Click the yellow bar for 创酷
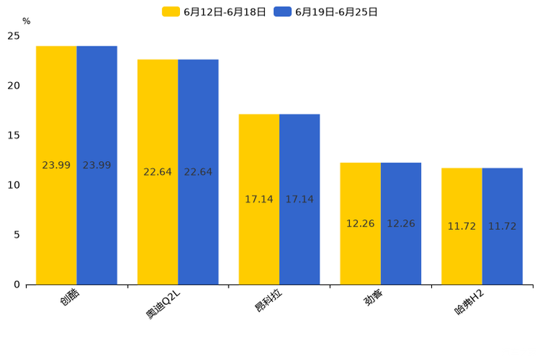(x=57, y=165)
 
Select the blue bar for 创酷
(x=97, y=165)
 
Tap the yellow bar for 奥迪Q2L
(x=157, y=172)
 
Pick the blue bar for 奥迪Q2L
(x=198, y=172)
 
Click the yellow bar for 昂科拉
(x=259, y=199)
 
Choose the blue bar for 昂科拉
(x=300, y=199)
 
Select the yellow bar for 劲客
(x=361, y=224)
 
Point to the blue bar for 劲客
(x=401, y=224)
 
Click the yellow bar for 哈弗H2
(x=462, y=226)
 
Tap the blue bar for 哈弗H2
(x=502, y=226)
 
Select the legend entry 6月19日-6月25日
(x=327, y=12)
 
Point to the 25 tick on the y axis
(x=14, y=36)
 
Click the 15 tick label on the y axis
(x=14, y=136)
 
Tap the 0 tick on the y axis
(x=17, y=285)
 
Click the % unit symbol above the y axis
(x=26, y=21)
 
